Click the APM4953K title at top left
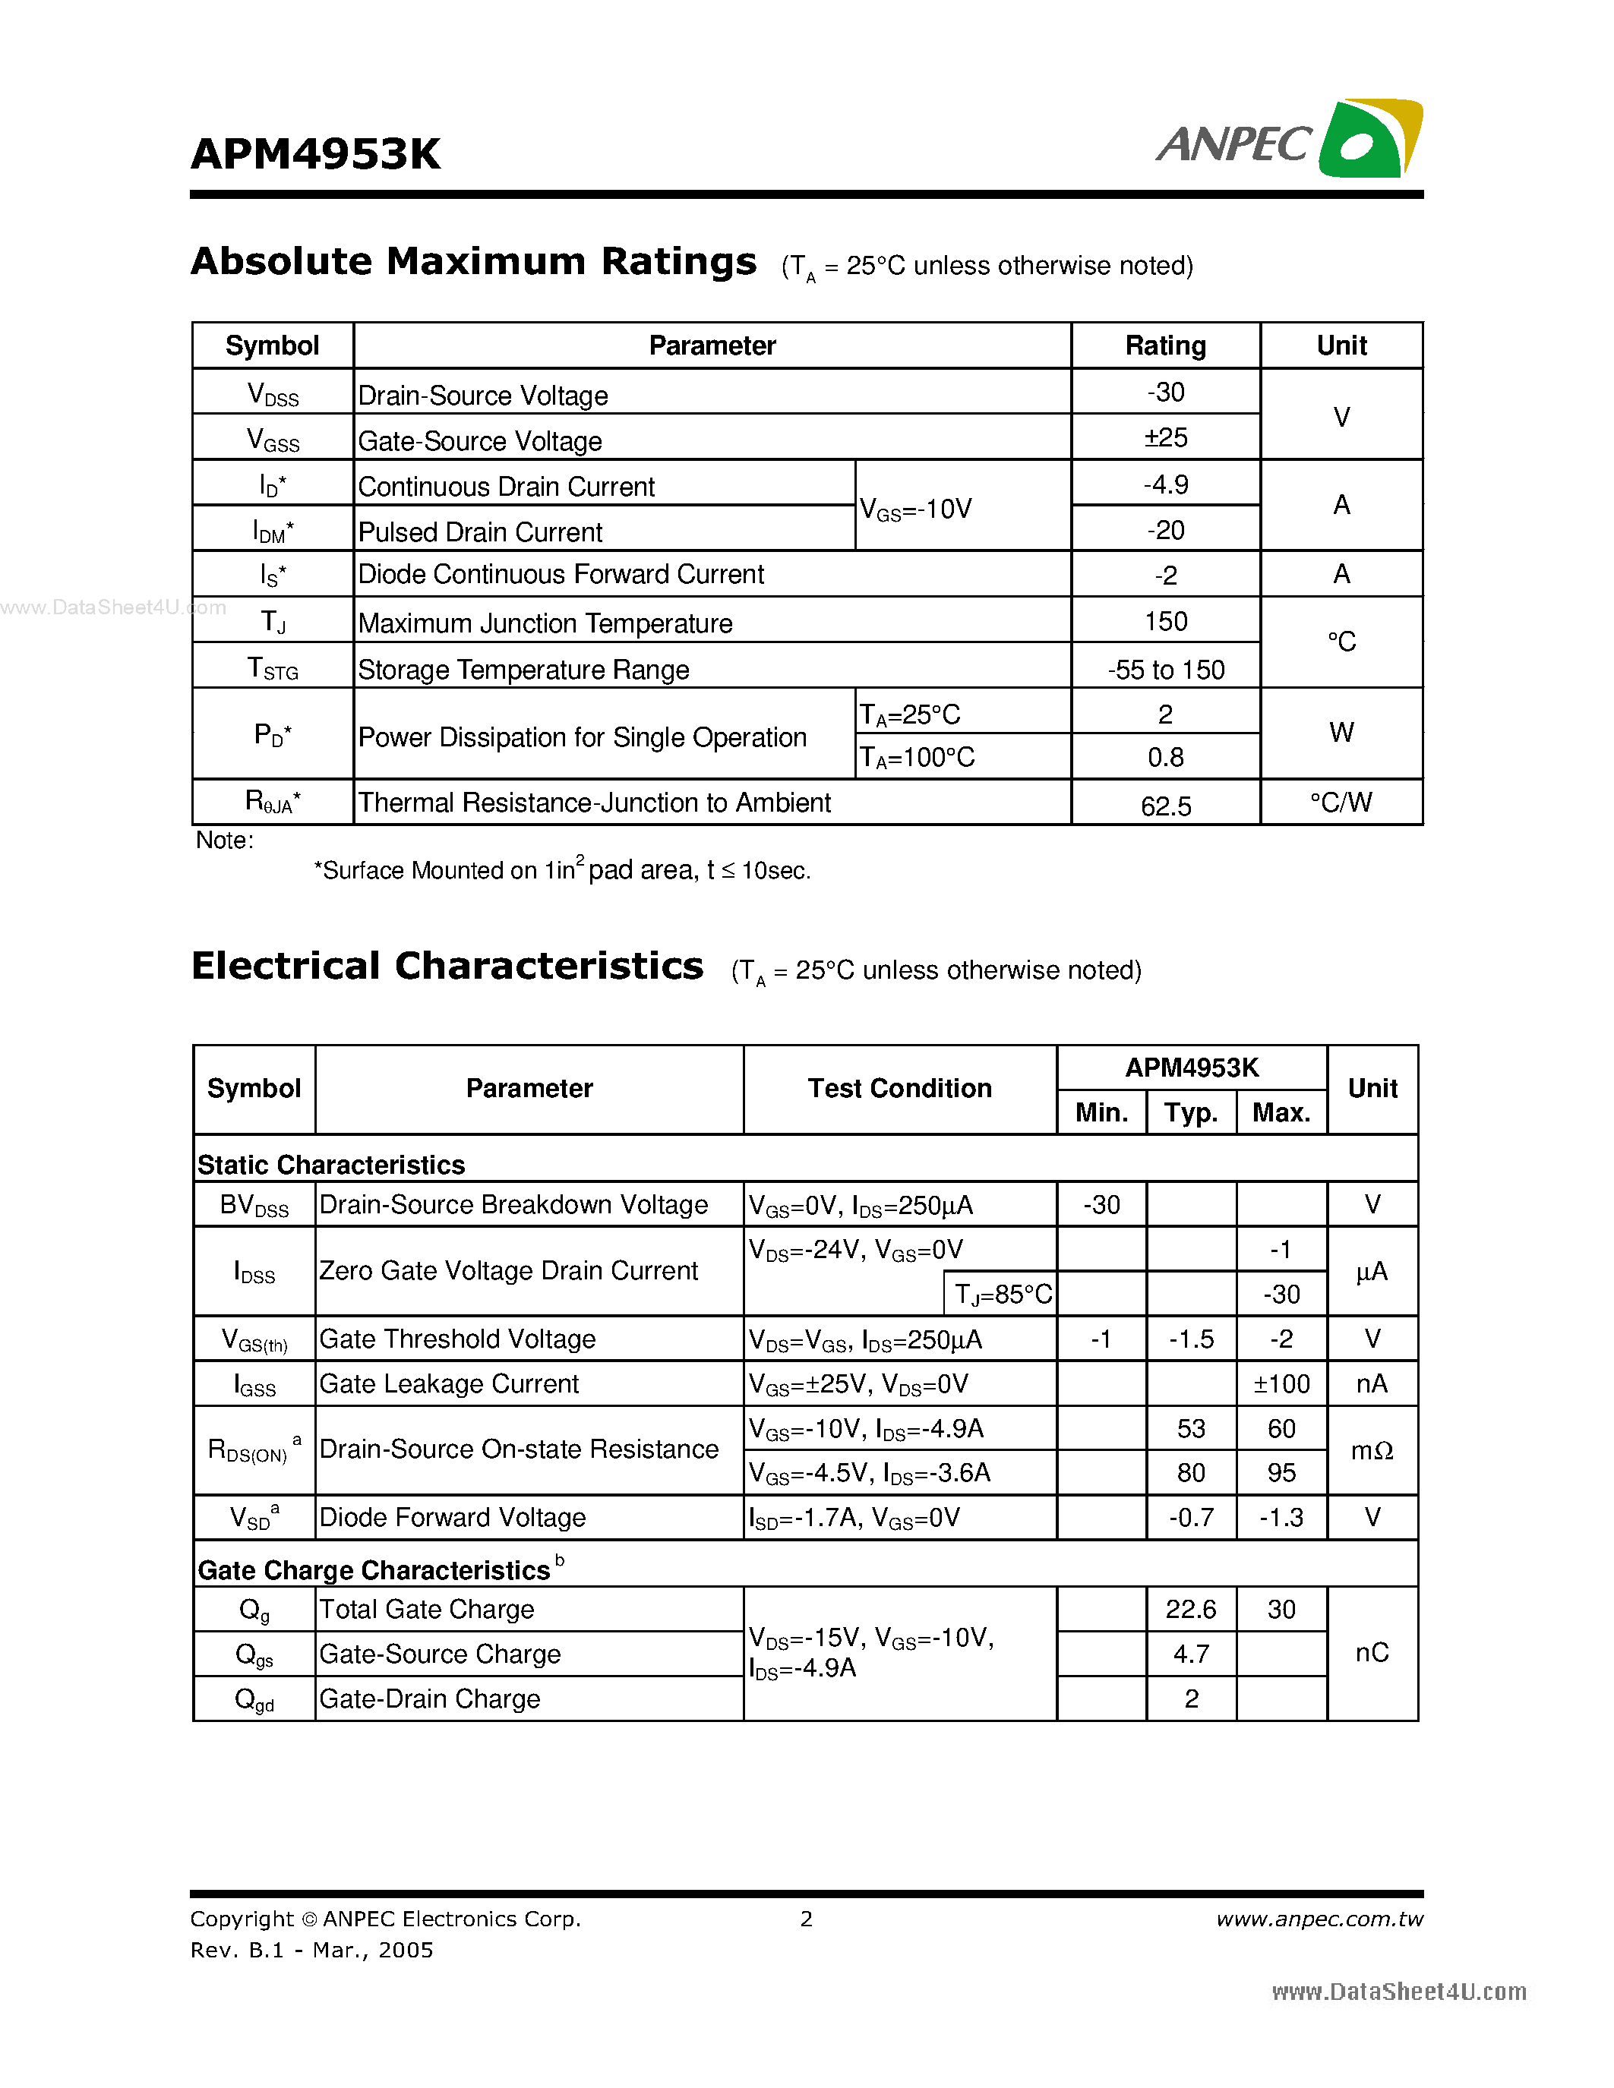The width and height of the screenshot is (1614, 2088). pos(315,154)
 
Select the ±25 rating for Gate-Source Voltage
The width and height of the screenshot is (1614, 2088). pos(1166,438)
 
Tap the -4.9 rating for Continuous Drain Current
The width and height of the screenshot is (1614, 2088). pos(1166,484)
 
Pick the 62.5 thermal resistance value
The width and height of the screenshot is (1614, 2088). pos(1166,806)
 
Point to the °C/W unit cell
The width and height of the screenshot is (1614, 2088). pos(1341,802)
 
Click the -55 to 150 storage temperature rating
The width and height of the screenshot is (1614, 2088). pos(1166,669)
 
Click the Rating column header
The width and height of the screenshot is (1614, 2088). pos(1166,345)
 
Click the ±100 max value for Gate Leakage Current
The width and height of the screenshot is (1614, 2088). pos(1281,1383)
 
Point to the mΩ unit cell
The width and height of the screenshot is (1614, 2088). pos(1371,1450)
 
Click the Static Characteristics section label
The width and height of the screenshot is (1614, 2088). pos(331,1165)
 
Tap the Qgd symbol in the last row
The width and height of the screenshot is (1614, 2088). pos(254,1699)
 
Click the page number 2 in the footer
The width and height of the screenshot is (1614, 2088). pos(806,1919)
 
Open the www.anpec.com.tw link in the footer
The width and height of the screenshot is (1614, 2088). pos(1319,1919)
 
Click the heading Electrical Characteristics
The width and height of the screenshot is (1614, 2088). pos(447,966)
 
